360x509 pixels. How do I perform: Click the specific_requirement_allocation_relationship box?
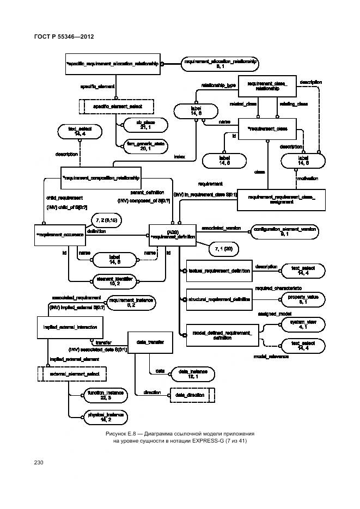click(x=113, y=64)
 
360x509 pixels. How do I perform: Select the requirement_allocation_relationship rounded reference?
click(x=220, y=64)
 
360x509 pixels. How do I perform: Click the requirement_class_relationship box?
click(x=267, y=86)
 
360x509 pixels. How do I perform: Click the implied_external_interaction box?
click(x=63, y=327)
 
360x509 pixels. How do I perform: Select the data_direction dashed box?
click(x=192, y=394)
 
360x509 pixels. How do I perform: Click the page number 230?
click(x=38, y=463)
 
